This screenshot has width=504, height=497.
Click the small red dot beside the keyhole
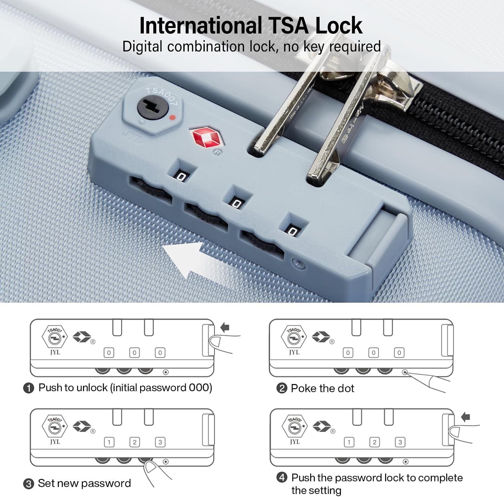(172, 118)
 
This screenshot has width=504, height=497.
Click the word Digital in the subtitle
(142, 46)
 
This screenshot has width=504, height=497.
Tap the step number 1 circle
(29, 388)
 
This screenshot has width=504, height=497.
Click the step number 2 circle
(282, 388)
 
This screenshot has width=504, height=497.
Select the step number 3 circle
(29, 484)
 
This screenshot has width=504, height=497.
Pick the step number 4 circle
(282, 477)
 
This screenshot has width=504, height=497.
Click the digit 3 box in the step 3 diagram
(160, 442)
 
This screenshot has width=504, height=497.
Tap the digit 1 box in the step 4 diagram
(349, 442)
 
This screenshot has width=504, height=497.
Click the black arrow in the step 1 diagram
(225, 327)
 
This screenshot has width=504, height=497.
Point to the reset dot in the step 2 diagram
(405, 372)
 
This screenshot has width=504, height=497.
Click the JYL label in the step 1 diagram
(55, 352)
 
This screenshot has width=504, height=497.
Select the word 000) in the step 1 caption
(201, 388)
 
